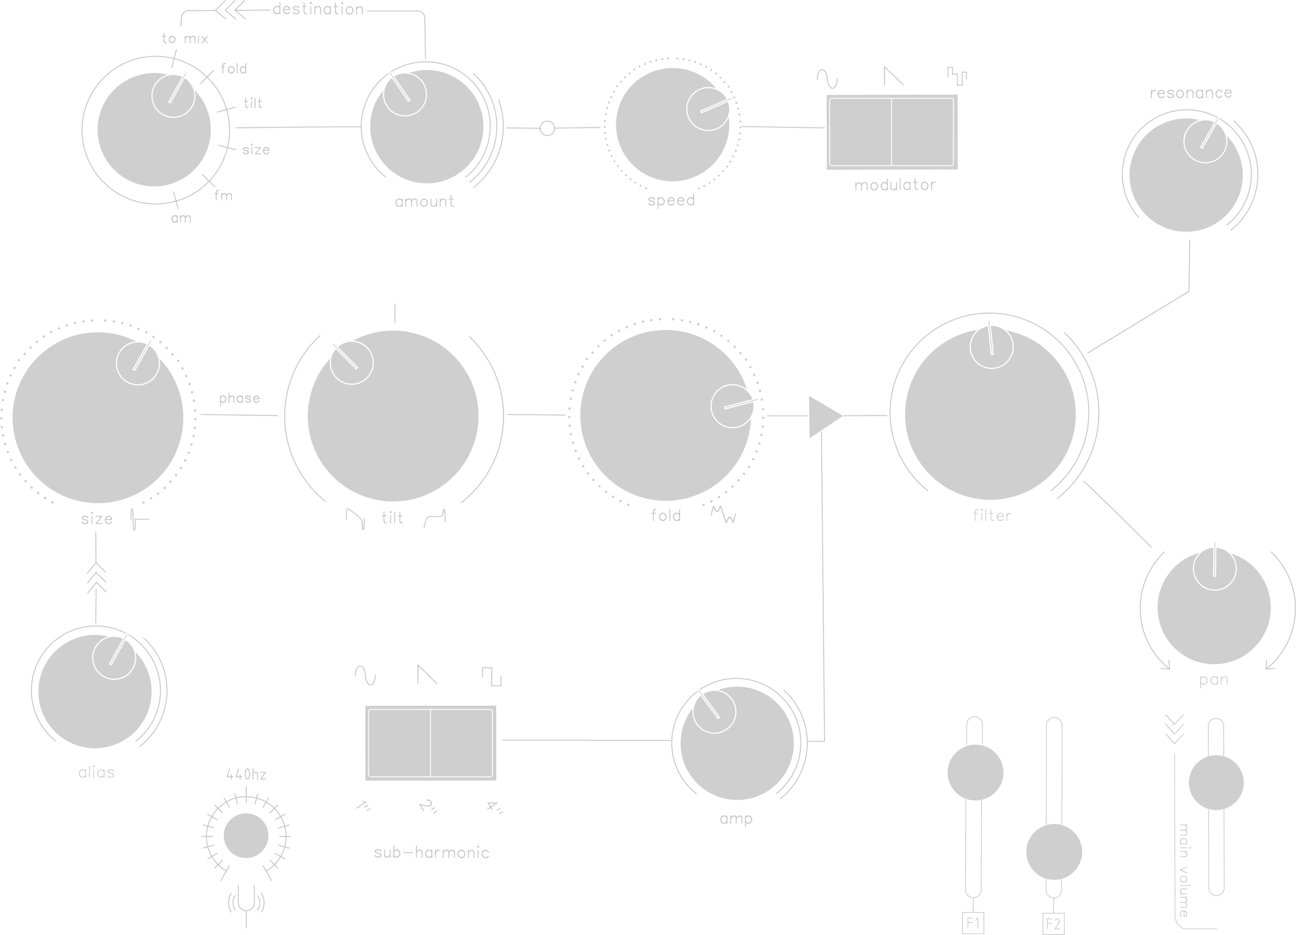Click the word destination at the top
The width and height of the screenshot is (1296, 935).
tap(318, 10)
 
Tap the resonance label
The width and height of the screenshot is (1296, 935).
tap(1190, 93)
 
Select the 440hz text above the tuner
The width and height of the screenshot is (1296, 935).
tap(246, 776)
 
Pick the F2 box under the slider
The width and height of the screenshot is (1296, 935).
tap(1053, 924)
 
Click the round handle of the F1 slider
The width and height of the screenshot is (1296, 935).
tap(975, 772)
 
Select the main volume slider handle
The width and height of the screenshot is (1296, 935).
tap(1216, 783)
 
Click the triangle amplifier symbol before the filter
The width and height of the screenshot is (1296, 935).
tap(823, 417)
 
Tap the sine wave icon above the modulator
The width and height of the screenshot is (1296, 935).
tap(827, 79)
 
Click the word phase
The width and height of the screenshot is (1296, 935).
tap(240, 398)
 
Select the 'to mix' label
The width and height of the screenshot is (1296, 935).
tap(185, 39)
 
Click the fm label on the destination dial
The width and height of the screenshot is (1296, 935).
tap(223, 196)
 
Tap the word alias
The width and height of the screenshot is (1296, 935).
tap(96, 773)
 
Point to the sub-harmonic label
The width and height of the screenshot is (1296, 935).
tap(431, 852)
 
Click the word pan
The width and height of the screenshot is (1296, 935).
tap(1213, 681)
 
